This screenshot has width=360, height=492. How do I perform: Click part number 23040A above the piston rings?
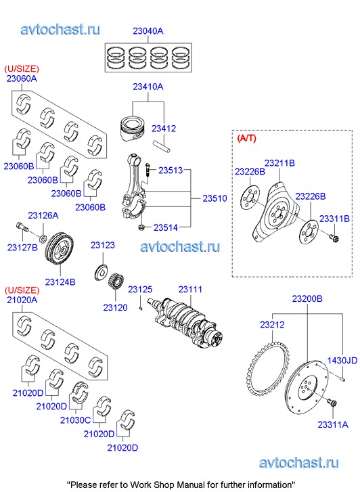(148, 31)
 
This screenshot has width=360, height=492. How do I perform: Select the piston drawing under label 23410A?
(133, 129)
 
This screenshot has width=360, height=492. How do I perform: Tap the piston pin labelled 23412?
(162, 147)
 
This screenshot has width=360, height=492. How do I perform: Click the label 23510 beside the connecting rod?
(215, 198)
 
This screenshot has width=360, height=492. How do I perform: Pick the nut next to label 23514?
(141, 227)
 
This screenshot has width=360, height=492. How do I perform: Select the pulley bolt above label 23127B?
(22, 226)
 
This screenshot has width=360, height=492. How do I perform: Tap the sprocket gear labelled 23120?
(116, 281)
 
